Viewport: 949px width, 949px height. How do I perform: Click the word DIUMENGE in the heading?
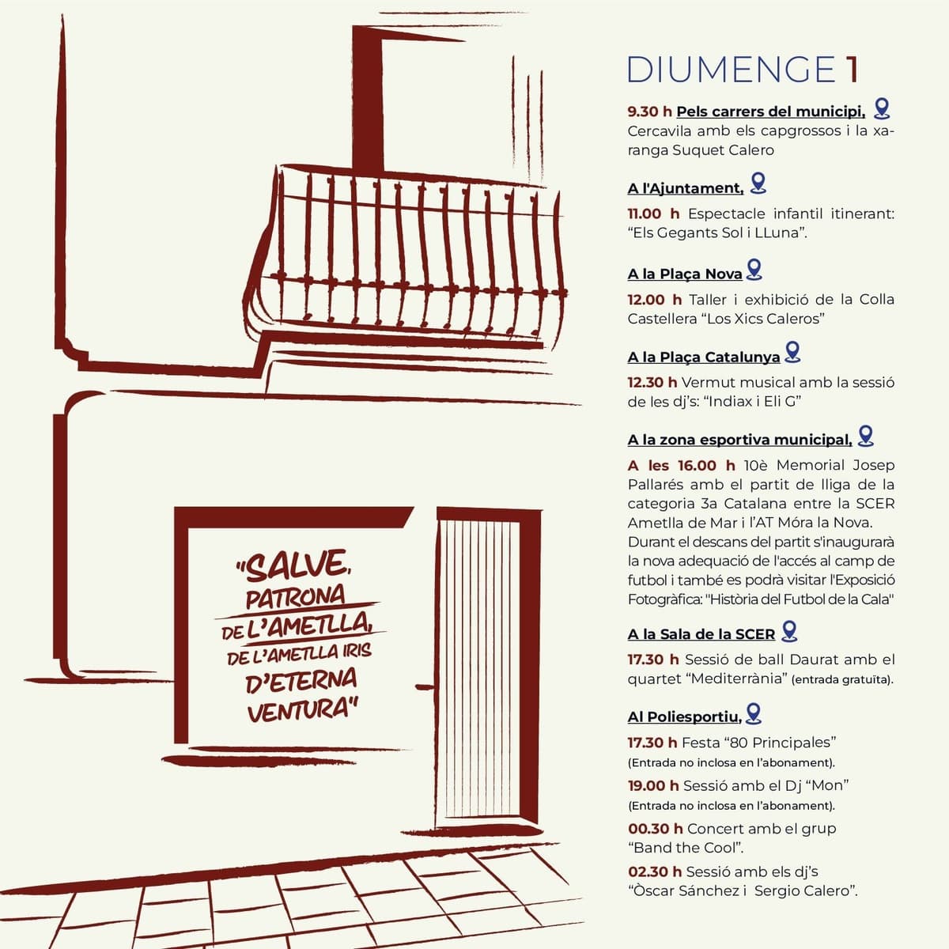[x=731, y=70]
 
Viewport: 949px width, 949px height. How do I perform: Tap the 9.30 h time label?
[x=649, y=112]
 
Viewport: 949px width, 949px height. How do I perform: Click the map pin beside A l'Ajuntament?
[x=758, y=183]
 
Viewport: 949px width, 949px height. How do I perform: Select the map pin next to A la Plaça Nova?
[x=754, y=270]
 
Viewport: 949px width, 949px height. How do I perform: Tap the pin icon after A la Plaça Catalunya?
[x=792, y=352]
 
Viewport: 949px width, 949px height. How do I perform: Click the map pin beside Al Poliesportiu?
[x=754, y=713]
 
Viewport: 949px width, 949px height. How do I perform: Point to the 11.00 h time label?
[x=653, y=214]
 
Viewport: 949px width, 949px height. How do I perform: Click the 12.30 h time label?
[x=652, y=382]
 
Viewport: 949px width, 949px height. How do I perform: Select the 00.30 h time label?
[x=656, y=829]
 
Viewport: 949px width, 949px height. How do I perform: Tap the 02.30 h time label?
[x=655, y=871]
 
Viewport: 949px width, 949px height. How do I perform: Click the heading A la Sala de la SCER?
[x=701, y=634]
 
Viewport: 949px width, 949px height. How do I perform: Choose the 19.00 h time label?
[x=653, y=785]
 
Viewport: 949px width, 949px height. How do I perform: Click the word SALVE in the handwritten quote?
[x=296, y=566]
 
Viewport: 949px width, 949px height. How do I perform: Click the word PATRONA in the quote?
[x=296, y=597]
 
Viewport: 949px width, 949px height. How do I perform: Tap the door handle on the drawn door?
[x=425, y=686]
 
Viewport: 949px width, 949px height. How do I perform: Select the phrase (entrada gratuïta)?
[x=842, y=680]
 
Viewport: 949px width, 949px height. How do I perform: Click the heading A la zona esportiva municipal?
[x=739, y=440]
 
